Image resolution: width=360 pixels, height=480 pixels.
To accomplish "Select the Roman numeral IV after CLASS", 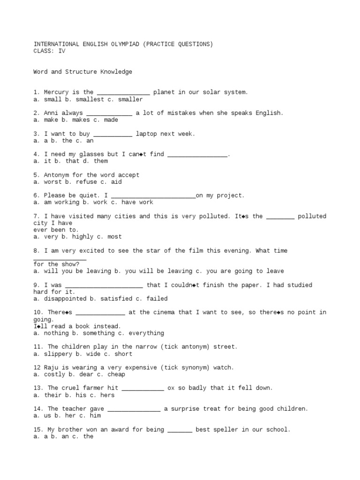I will [x=62, y=51].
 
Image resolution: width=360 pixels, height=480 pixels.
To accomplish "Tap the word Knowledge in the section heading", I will [x=116, y=72].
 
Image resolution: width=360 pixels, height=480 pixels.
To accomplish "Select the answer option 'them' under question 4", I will [x=101, y=161].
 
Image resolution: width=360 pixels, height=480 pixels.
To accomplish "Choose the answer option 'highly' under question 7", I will [x=82, y=237].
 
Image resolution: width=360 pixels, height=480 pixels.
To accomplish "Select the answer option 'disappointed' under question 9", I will [x=65, y=299].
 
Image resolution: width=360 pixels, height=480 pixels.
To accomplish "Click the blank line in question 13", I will [x=142, y=389].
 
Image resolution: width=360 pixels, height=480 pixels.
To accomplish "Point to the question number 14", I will [x=39, y=409].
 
